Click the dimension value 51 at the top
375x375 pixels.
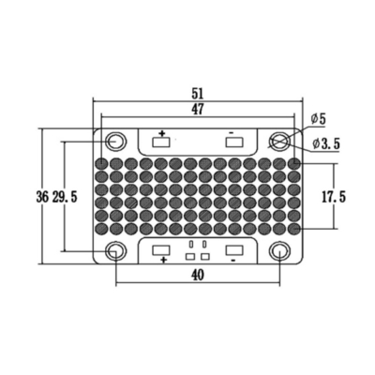point(198,93)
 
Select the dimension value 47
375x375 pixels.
point(198,109)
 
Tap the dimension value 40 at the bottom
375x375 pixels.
point(198,275)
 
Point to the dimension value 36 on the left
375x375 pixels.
point(42,197)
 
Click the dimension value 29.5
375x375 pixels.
point(65,197)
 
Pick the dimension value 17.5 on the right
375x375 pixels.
point(334,197)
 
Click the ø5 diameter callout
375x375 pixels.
point(318,119)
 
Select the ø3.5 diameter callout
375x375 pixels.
point(326,143)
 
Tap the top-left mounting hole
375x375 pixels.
point(116,142)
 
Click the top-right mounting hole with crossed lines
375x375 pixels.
point(279,142)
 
